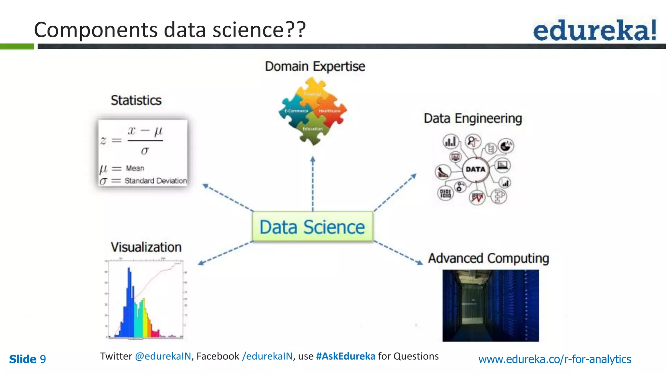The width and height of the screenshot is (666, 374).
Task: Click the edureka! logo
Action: point(594,30)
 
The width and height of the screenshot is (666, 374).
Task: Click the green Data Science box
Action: point(313,227)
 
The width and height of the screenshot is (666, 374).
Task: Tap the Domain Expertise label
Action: point(315,66)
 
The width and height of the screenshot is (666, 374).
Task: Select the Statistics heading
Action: point(136,100)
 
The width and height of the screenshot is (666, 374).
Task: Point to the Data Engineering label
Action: point(473,118)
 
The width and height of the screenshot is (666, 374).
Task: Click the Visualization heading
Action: point(146,247)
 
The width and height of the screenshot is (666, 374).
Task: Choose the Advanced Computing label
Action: point(488,258)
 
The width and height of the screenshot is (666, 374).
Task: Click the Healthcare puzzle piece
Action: point(329,111)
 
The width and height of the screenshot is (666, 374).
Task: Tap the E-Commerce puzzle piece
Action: point(296,111)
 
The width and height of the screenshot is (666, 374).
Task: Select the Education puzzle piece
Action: point(313,129)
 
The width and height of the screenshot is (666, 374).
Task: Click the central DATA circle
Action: point(475,169)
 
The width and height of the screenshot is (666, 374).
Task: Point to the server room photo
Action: point(490,305)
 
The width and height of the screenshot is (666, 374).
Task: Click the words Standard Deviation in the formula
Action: point(155,181)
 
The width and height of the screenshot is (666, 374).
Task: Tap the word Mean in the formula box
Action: point(135,168)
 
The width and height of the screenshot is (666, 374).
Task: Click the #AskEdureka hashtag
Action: point(345,356)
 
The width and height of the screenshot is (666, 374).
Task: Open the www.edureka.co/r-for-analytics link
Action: point(554,359)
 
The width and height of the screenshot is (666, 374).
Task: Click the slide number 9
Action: point(43,359)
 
